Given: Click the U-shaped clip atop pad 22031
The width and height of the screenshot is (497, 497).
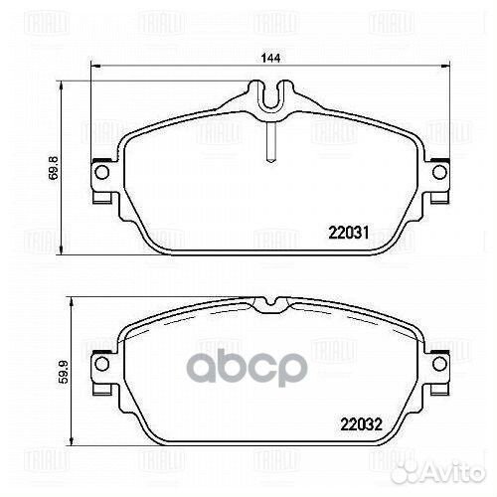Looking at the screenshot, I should (267, 96).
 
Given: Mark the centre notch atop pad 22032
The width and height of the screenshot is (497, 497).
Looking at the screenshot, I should (267, 303).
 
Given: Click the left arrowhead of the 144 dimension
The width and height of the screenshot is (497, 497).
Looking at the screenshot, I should (94, 68).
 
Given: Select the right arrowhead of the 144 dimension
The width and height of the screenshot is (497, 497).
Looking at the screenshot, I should (441, 68).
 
